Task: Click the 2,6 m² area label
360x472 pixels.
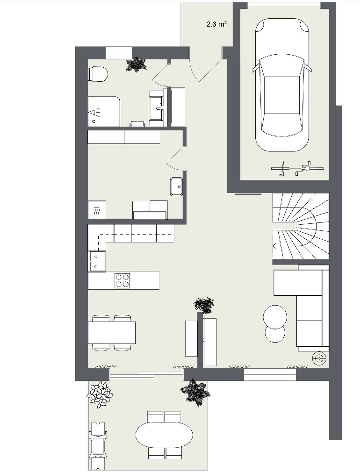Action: tap(216, 25)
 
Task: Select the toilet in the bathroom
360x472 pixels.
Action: tap(98, 74)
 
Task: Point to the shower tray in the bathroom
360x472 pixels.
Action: tap(104, 111)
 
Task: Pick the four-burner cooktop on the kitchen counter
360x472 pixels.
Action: tap(122, 280)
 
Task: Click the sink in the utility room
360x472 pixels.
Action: tap(177, 186)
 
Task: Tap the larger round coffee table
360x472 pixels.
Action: tap(275, 317)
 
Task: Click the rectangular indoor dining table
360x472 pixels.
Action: tap(111, 332)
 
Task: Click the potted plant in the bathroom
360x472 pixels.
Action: tap(137, 64)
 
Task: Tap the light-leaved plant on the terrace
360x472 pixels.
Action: tap(100, 394)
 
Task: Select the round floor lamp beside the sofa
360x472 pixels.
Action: tap(319, 358)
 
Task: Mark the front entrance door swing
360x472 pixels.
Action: tap(208, 69)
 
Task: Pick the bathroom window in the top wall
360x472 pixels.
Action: tap(119, 53)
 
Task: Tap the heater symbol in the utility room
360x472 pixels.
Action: tap(97, 209)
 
